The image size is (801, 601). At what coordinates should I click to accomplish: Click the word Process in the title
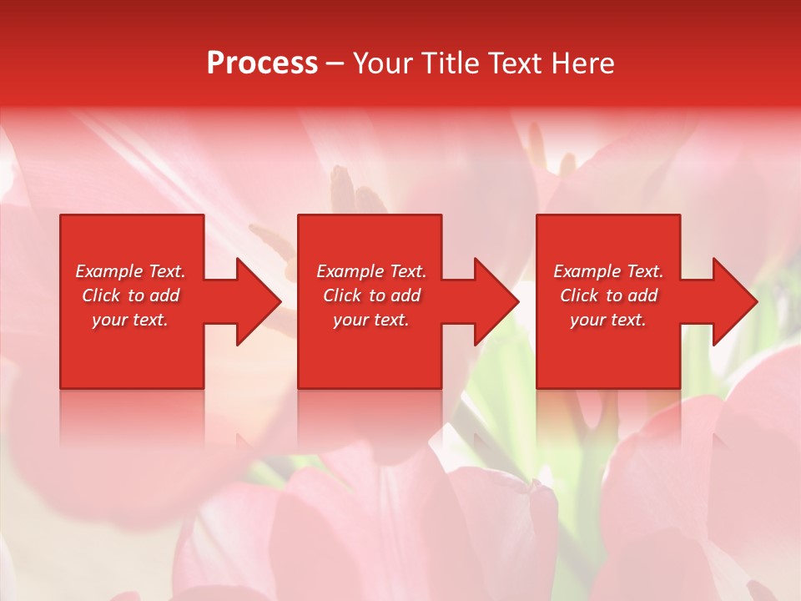[262, 63]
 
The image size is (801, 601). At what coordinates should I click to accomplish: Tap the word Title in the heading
[451, 63]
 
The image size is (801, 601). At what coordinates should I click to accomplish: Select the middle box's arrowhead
[496, 301]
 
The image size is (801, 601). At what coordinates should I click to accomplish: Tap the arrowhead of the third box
[733, 301]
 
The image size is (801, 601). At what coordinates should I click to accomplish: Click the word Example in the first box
[108, 271]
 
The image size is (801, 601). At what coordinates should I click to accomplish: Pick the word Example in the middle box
[350, 271]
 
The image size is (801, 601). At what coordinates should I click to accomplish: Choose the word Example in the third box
[587, 271]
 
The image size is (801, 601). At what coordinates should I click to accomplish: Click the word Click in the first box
[101, 295]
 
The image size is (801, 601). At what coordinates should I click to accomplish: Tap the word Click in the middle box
[342, 295]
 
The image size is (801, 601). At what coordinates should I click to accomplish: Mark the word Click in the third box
[579, 295]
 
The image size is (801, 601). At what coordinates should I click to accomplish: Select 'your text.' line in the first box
[130, 320]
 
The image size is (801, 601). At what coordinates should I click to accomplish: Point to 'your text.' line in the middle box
[371, 320]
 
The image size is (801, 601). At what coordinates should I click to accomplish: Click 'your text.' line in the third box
[608, 320]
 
